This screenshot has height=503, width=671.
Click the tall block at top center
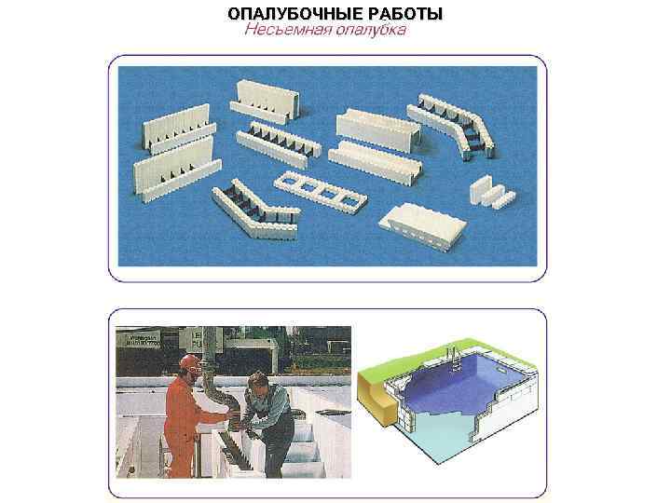pos(268,101)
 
